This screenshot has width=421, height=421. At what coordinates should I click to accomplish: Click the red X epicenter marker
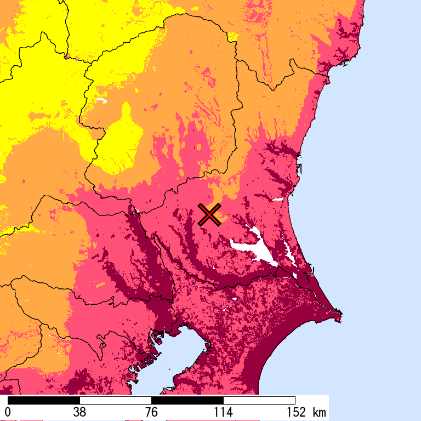(209, 214)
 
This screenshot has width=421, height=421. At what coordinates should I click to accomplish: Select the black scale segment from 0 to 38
(44, 400)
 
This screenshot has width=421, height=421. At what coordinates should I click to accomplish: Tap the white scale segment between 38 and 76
(116, 400)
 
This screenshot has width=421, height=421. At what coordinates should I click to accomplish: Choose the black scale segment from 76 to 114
(187, 400)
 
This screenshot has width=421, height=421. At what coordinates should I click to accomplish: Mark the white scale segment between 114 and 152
(259, 400)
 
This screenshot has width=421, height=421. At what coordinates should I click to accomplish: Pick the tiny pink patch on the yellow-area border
(66, 55)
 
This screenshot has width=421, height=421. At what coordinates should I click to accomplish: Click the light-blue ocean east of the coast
(373, 192)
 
